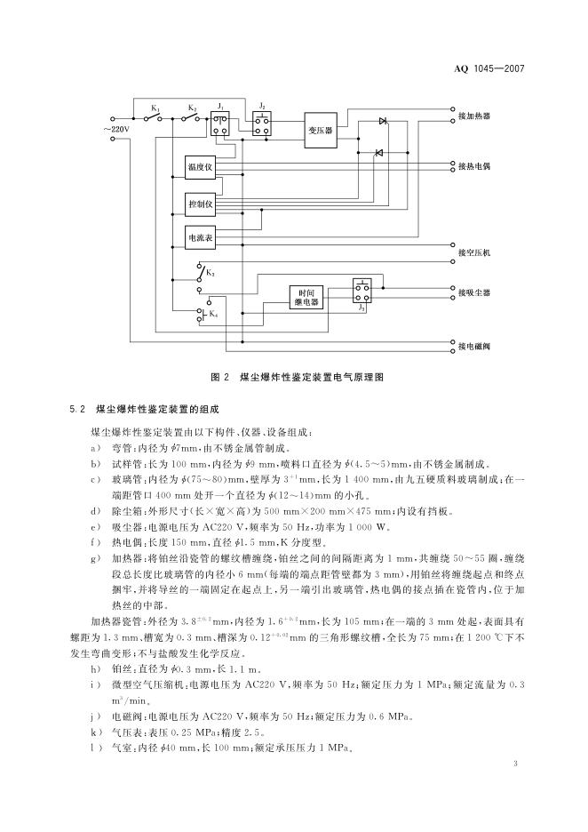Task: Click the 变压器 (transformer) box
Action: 320,130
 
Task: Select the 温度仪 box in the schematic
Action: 200,167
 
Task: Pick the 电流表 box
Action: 200,238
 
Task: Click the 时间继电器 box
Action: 308,297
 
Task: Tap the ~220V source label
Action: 115,129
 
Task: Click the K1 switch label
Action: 155,108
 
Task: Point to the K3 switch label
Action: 211,275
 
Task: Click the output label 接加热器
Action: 474,116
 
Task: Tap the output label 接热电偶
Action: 474,165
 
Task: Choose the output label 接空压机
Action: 474,253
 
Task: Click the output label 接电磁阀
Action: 474,345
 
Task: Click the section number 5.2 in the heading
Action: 75,409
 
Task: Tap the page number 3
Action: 516,764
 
